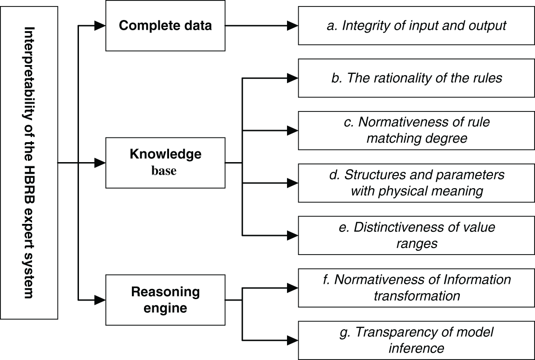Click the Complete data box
[165, 26]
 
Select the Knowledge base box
[165, 163]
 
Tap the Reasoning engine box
[165, 300]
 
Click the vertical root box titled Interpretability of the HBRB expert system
[30, 163]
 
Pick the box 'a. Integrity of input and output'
[416, 26]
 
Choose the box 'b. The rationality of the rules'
[416, 78]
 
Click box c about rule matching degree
[416, 131]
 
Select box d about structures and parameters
[416, 183]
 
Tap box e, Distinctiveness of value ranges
[416, 236]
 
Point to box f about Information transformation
[416, 288]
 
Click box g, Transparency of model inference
[416, 340]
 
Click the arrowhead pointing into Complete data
[100, 26]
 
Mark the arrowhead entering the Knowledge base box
[100, 163]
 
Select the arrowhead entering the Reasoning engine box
[100, 300]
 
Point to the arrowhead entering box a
[293, 26]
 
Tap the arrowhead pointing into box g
[293, 340]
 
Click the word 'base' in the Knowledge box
[163, 170]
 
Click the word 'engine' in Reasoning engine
[165, 308]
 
